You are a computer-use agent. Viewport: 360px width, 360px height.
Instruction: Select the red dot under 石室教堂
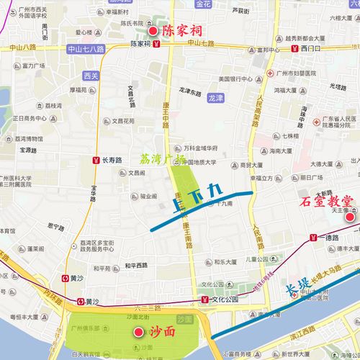click(x=348, y=217)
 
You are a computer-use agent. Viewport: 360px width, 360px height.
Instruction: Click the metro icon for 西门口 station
click(x=295, y=48)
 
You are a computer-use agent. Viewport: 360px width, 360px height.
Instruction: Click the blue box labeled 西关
click(x=91, y=75)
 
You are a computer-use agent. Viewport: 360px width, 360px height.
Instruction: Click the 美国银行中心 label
click(x=234, y=79)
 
